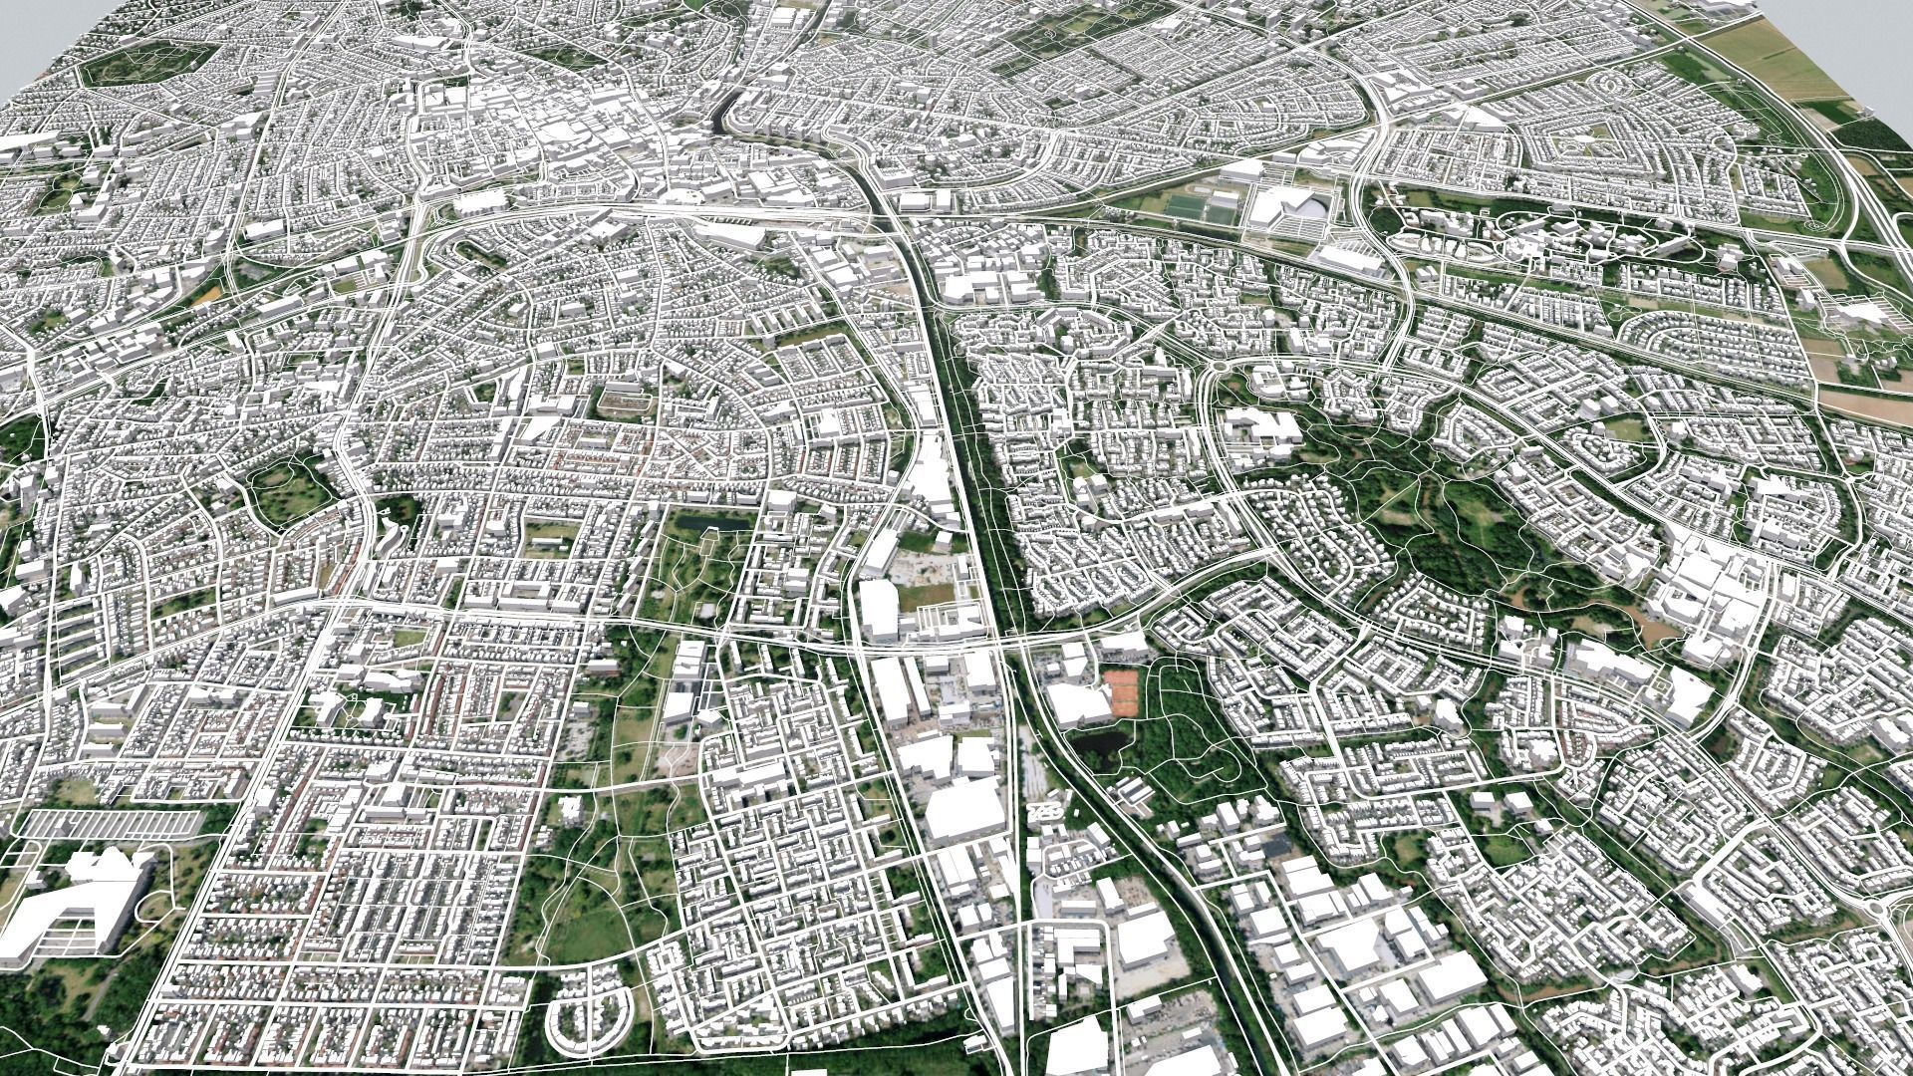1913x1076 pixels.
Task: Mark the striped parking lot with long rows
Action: tap(110, 823)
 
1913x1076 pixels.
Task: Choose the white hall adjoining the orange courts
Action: tap(1076, 702)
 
